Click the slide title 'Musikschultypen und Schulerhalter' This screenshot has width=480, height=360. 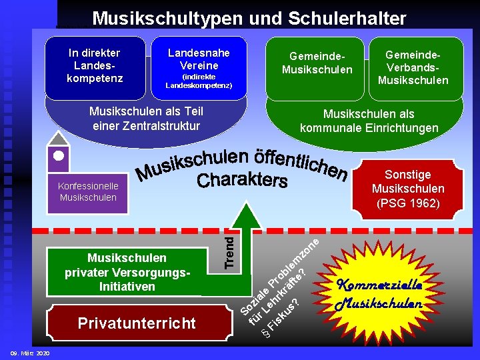click(249, 18)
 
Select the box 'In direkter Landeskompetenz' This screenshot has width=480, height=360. click(94, 65)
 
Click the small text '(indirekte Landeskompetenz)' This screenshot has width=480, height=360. click(199, 81)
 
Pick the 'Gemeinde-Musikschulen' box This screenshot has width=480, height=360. click(317, 63)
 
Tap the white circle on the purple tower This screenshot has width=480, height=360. click(58, 156)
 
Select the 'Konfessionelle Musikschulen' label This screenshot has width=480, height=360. click(87, 191)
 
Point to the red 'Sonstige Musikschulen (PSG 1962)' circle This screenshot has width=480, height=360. click(407, 189)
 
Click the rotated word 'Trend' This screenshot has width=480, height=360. click(229, 250)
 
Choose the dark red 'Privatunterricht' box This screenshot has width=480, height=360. click(137, 323)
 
